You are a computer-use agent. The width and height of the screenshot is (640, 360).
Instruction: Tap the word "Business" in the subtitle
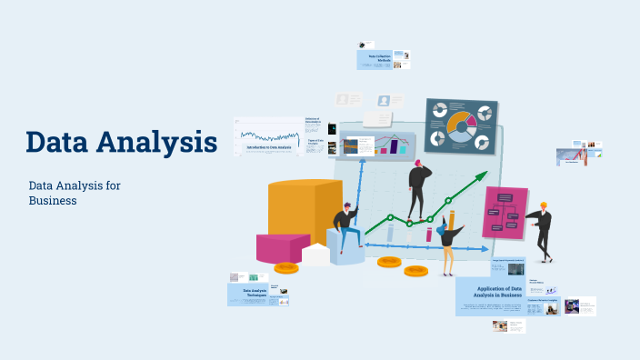52,201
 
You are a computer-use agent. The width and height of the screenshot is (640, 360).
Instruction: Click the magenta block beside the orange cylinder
282,248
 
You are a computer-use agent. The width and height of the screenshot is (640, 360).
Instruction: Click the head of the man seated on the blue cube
349,209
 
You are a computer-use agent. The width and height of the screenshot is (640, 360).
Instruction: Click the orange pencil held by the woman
451,221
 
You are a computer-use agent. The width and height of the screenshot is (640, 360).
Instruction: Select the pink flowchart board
505,213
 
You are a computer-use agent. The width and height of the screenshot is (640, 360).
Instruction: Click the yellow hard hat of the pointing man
544,205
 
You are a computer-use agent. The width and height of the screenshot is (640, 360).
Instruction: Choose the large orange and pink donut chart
461,125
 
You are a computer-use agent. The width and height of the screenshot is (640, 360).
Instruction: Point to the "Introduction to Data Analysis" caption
269,147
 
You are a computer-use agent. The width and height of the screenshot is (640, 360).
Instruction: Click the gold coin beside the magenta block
286,268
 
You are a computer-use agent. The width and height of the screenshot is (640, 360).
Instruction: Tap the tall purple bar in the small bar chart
395,145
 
